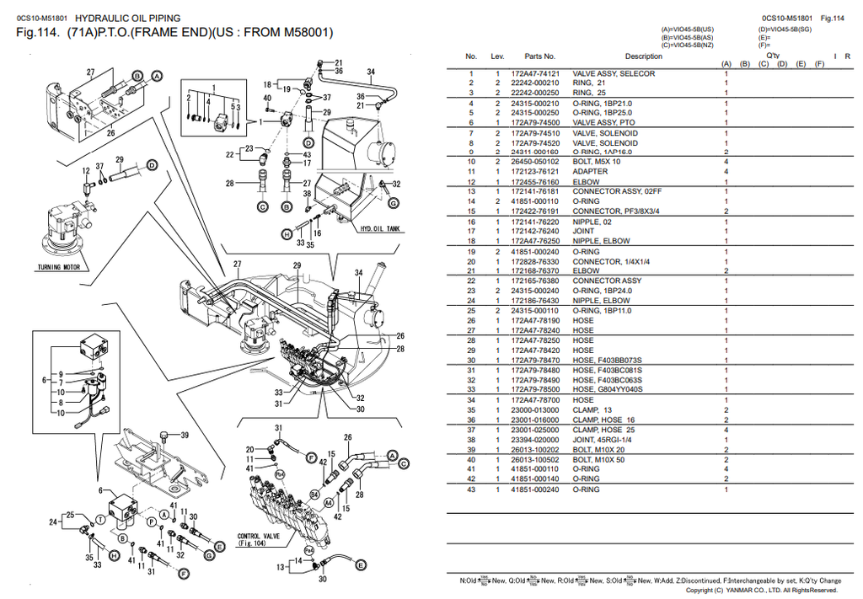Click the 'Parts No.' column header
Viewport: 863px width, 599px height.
(x=539, y=56)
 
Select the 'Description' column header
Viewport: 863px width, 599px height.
(x=643, y=56)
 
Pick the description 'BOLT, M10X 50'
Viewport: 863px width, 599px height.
(x=600, y=460)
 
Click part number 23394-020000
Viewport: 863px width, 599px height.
(x=534, y=440)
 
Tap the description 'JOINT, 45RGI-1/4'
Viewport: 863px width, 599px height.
(x=604, y=440)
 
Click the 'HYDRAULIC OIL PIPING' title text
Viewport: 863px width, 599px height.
(x=128, y=18)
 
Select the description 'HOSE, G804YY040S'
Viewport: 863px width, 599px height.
(x=608, y=390)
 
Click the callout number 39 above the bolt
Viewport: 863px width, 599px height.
(x=185, y=436)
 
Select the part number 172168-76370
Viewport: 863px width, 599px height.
(x=534, y=271)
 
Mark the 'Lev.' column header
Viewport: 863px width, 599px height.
(x=497, y=56)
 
